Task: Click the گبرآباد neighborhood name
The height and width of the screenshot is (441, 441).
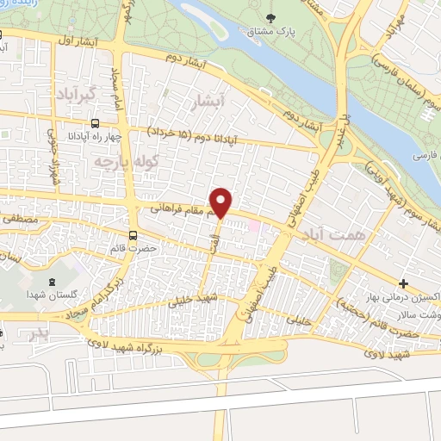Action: tap(72, 90)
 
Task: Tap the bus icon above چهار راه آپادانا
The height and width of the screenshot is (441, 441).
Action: tap(94, 123)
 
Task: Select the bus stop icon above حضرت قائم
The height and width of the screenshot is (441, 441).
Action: tap(134, 234)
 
